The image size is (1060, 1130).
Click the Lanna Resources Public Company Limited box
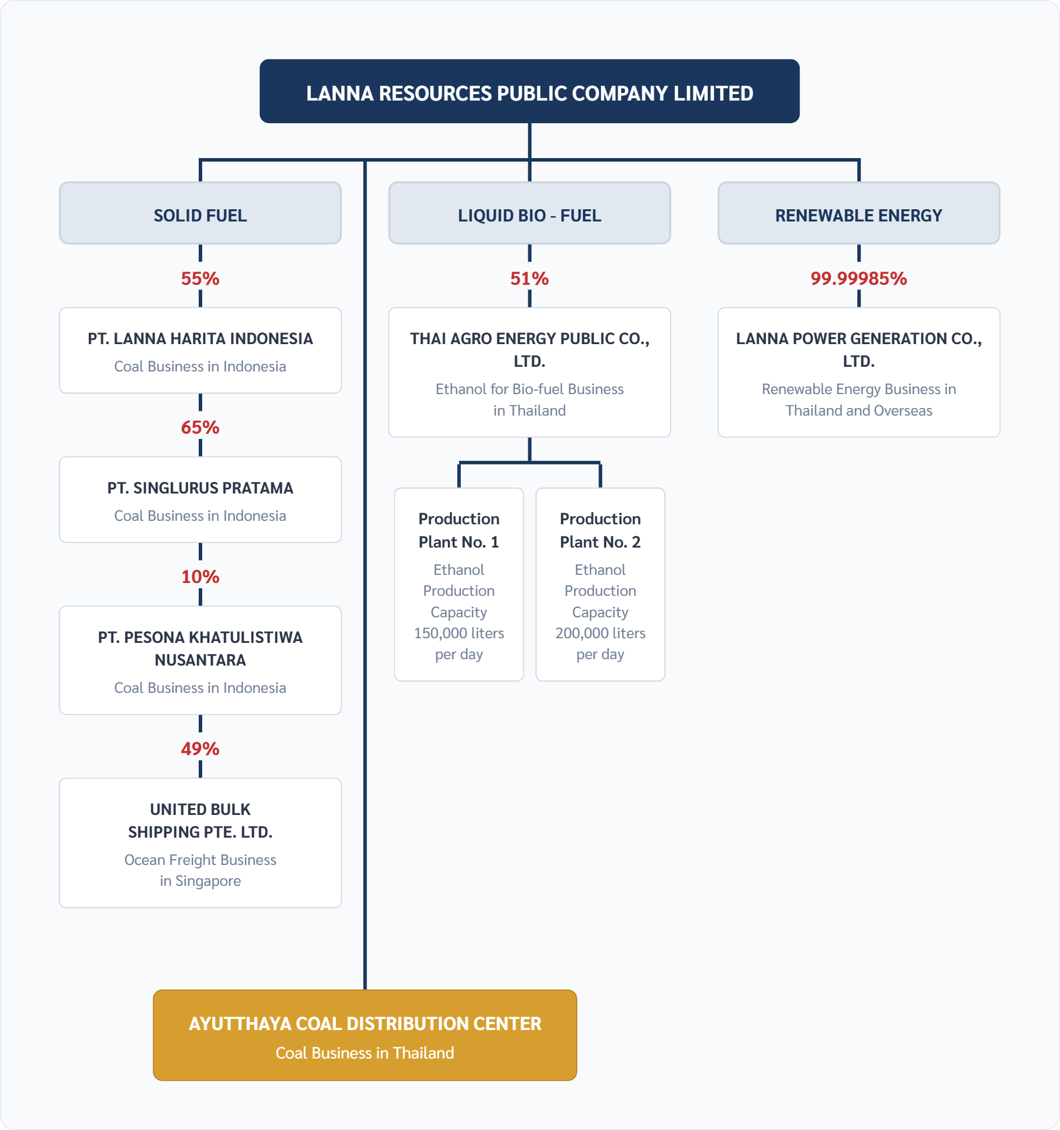[x=529, y=92]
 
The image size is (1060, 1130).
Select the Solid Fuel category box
[x=200, y=213]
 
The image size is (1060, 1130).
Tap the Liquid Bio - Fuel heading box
[x=529, y=213]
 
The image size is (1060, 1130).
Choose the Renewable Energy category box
[x=858, y=213]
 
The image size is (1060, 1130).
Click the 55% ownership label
[x=200, y=278]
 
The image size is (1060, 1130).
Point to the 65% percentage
[x=200, y=427]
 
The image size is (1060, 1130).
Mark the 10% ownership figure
[x=200, y=577]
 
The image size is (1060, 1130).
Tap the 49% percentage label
[x=200, y=749]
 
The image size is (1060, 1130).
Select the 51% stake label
[x=529, y=278]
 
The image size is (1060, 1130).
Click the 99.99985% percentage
[x=858, y=278]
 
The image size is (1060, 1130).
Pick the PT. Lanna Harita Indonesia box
[x=200, y=351]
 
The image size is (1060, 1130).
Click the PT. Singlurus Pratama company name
[x=200, y=488]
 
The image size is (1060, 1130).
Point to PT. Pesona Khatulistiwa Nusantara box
[x=200, y=660]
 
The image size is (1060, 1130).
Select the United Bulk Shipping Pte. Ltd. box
[x=200, y=843]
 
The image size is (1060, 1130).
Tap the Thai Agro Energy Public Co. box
[x=529, y=372]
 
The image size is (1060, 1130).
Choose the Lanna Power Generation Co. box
[x=858, y=372]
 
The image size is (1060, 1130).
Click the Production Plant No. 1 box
[x=459, y=584]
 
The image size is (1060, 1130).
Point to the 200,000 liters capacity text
[x=600, y=633]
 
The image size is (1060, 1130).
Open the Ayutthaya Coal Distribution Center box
[x=365, y=1035]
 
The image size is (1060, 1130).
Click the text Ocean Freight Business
[x=200, y=860]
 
